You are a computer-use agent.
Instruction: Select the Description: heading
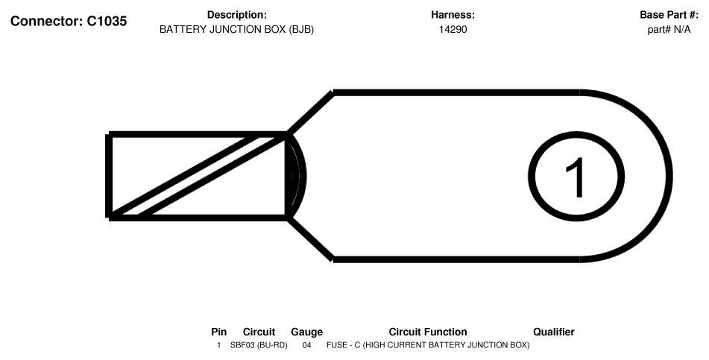237,15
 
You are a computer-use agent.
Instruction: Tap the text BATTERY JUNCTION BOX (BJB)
236,30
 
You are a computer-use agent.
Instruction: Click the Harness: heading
453,15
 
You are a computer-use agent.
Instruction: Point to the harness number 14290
453,30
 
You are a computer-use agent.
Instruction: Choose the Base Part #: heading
669,15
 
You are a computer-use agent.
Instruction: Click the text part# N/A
669,30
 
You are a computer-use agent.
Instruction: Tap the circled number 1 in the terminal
576,177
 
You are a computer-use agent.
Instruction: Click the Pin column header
219,332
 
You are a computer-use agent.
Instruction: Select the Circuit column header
259,332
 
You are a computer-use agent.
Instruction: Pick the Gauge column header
306,332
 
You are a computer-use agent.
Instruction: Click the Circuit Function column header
428,332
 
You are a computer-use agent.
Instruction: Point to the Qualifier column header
554,332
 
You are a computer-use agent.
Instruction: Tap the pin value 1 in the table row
219,345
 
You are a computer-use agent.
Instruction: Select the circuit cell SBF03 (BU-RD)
259,345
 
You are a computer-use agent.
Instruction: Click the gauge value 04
306,345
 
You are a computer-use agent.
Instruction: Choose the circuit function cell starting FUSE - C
428,345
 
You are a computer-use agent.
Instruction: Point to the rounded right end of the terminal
669,177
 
